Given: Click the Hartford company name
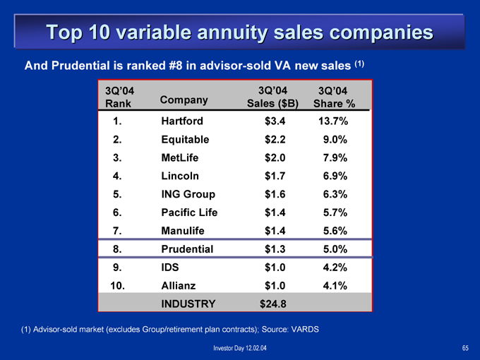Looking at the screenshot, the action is coord(182,121).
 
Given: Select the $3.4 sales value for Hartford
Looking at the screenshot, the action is coord(275,121).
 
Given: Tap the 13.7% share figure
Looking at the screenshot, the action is coord(333,121).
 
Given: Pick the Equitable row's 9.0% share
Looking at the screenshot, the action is coord(335,140).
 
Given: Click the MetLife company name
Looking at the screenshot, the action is coord(180,157).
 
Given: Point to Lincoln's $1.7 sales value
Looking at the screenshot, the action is coord(275,176).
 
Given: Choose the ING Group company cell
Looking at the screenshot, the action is coord(188,194).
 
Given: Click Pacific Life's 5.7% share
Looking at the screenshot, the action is coord(335,212).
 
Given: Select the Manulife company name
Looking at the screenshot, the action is coord(183,231).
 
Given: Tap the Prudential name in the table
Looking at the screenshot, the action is coord(187,249).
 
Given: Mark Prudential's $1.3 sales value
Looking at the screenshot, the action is coord(275,249).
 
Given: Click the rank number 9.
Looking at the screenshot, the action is coord(117,268).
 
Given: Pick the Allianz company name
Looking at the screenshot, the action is coord(179,286).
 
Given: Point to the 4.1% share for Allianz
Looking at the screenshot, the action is coord(335,286).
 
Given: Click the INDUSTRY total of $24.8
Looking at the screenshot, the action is coord(273,304).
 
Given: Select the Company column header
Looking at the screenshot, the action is coord(184,100).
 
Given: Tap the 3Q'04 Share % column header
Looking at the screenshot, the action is coord(334,97).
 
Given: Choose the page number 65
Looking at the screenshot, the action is coord(465,348).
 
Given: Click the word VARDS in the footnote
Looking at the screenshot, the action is coord(305,330).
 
